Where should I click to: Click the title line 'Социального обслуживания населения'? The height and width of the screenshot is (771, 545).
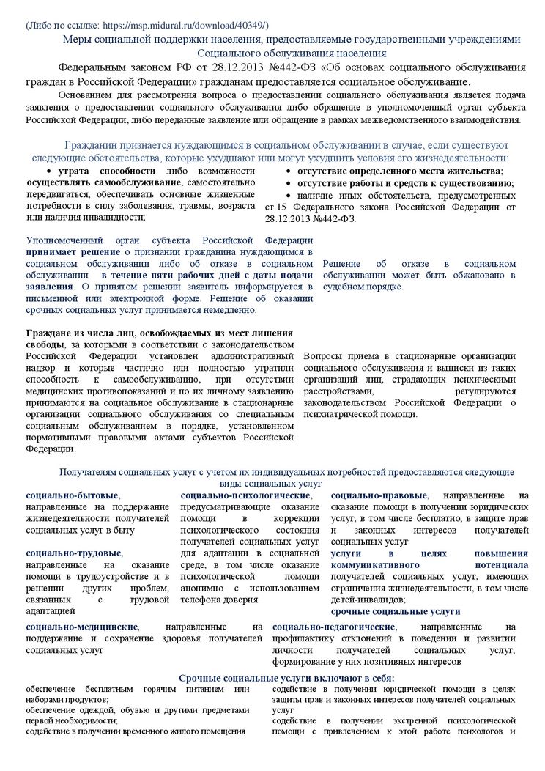[292, 54]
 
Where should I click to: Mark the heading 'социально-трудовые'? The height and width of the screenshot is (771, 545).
[74, 553]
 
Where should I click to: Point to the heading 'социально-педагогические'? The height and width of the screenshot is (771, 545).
[334, 627]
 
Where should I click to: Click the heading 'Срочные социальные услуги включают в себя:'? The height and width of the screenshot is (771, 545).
[286, 678]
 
